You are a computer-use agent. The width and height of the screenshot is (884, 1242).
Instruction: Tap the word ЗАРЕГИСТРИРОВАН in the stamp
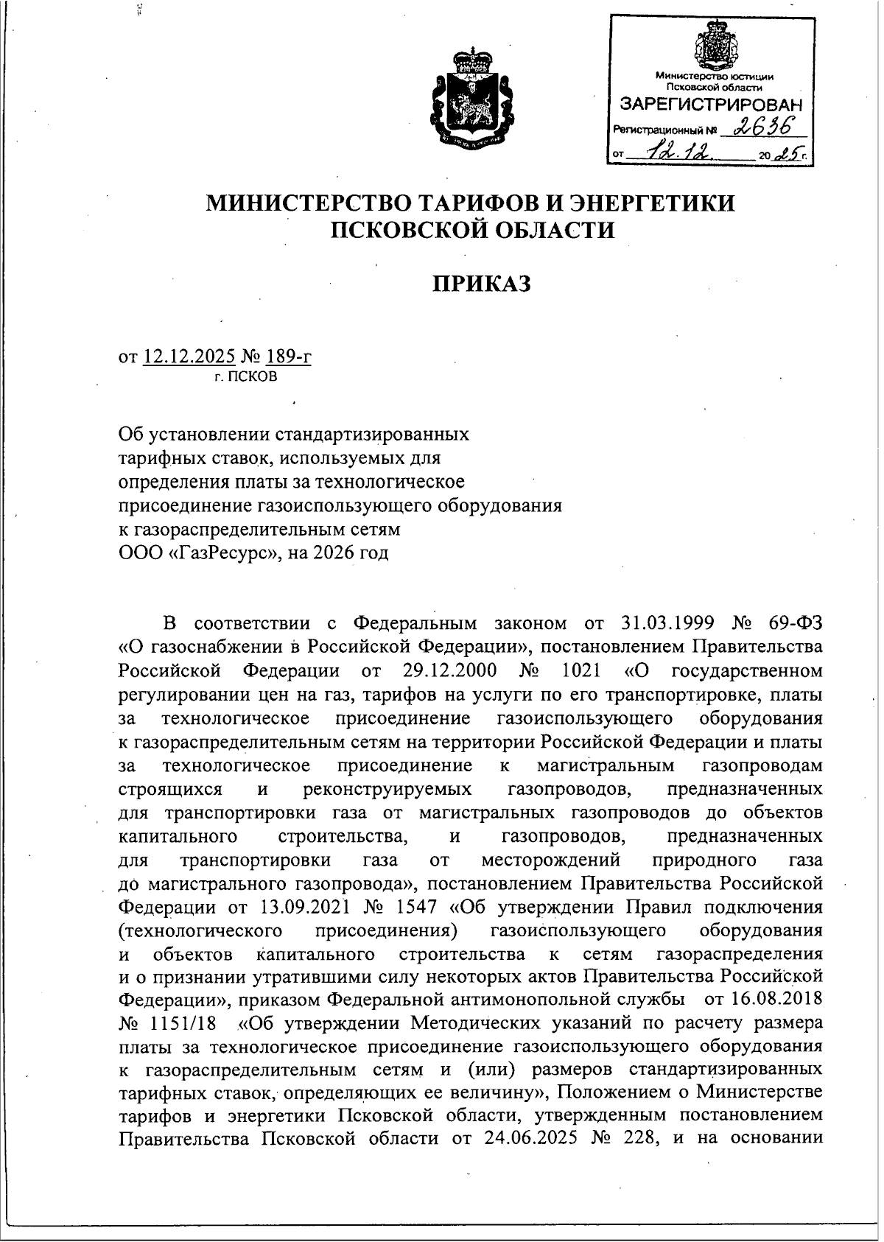click(712, 104)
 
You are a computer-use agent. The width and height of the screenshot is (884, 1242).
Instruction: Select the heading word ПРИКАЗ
click(481, 284)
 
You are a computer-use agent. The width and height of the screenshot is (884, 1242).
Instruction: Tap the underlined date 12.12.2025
click(189, 357)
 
